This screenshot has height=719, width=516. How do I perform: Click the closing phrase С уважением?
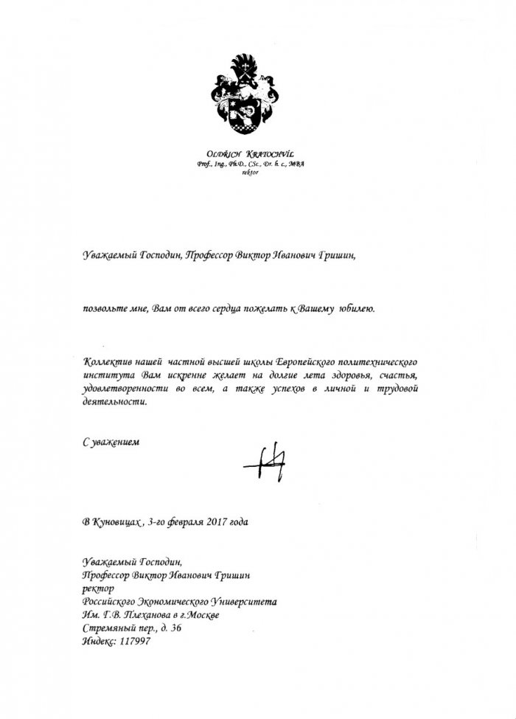pyautogui.click(x=110, y=442)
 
